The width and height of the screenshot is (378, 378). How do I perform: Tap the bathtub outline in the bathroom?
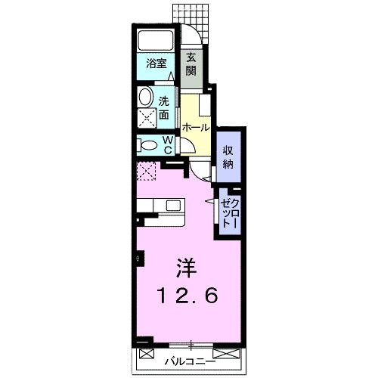click(156, 40)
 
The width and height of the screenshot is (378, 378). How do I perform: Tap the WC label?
click(169, 144)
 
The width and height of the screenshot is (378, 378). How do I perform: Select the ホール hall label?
click(195, 127)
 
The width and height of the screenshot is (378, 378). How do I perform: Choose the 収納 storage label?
click(228, 155)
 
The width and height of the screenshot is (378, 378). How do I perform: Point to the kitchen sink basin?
click(174, 204)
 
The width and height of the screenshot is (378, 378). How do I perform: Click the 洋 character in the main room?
click(187, 267)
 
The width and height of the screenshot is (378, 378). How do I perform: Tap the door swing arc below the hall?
click(200, 172)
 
